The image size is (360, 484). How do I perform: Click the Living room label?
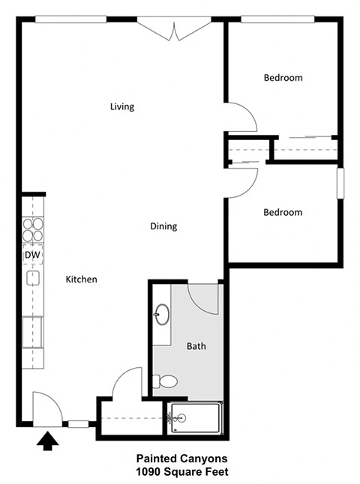(122, 106)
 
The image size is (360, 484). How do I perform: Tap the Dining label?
(163, 226)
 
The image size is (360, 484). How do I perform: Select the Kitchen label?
(82, 279)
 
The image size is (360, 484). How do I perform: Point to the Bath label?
(196, 346)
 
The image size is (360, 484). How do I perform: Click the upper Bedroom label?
(283, 78)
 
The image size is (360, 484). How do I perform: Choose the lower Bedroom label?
(283, 212)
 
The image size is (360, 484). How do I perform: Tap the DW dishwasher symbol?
(32, 255)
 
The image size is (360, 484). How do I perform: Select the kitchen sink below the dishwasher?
(33, 279)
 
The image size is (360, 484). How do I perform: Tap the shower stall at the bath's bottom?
(195, 417)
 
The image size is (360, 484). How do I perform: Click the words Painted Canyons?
(181, 458)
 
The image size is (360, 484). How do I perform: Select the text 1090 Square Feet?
(181, 472)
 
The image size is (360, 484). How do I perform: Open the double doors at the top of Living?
(174, 31)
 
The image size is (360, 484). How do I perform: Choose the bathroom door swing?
(202, 298)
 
